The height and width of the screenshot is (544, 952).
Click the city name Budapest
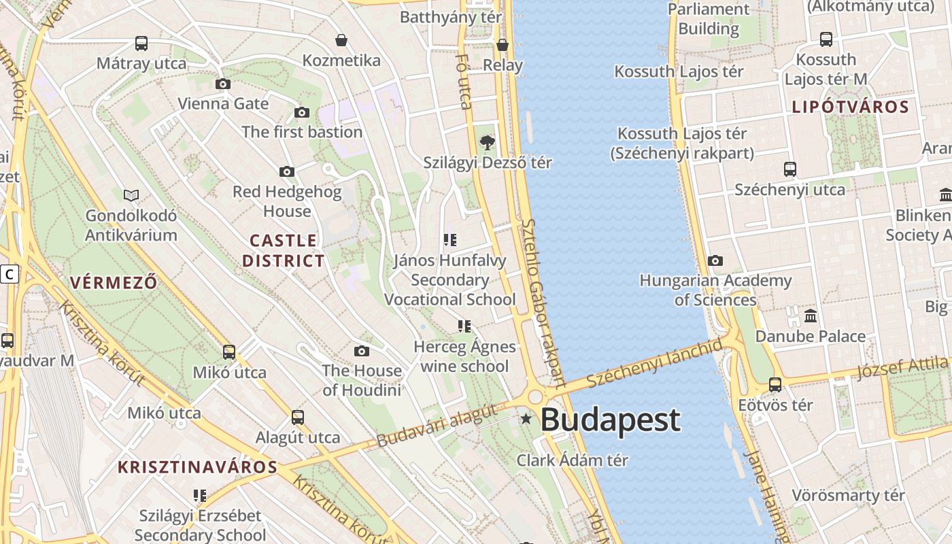(x=610, y=420)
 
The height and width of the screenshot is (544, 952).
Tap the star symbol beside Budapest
(x=526, y=418)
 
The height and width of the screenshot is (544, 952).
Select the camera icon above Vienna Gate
(x=222, y=84)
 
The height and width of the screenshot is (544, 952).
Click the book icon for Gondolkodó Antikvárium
(x=131, y=196)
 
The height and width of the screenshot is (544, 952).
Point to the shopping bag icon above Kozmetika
(x=341, y=41)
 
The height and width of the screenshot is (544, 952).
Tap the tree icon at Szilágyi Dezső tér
(x=487, y=143)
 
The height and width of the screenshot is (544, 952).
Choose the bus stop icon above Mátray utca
(x=141, y=44)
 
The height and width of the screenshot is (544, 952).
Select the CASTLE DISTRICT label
(x=283, y=250)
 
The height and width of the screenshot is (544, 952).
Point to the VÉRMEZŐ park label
(x=114, y=282)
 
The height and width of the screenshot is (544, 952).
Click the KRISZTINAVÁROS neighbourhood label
(x=198, y=467)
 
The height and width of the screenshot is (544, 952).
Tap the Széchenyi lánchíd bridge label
(x=655, y=362)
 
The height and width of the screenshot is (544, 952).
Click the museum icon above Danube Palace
(x=811, y=316)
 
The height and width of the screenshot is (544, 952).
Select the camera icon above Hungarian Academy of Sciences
(x=715, y=260)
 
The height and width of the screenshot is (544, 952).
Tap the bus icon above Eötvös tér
(x=775, y=385)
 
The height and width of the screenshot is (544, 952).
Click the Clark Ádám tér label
(x=572, y=460)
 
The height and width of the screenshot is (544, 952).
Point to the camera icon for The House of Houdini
(x=362, y=351)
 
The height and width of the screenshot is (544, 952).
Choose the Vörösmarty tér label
(x=848, y=495)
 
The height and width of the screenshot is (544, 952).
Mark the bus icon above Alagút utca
(x=298, y=417)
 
